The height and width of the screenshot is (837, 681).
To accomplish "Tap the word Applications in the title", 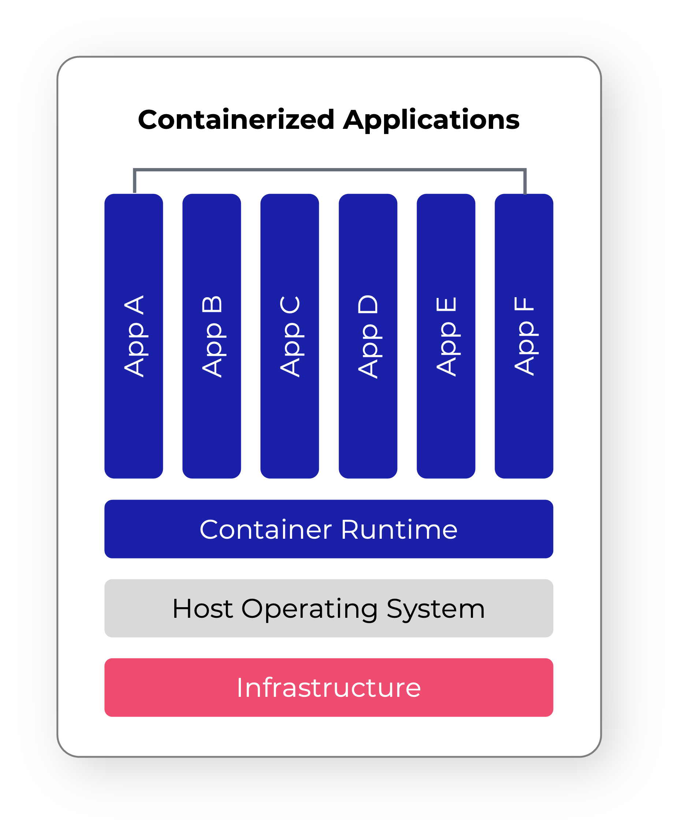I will coord(431,120).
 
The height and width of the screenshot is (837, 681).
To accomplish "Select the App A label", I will coord(134,336).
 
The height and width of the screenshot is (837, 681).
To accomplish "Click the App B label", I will coord(212,336).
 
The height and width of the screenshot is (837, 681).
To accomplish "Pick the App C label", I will coord(290,336).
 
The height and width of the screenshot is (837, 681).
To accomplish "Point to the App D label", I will coord(368,336).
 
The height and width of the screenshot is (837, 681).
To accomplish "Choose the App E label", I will coord(446,336).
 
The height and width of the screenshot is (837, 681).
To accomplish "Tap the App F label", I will coord(524,336).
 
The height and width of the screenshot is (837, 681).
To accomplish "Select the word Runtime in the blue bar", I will coord(399,529).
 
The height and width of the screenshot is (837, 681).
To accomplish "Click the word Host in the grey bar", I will coord(202,609).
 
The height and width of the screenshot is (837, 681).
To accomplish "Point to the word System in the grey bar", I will coord(435,609).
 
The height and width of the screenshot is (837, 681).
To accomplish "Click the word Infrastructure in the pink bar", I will coord(329,688).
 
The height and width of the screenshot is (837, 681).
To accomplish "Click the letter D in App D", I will coord(368,304).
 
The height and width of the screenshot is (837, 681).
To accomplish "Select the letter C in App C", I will coord(290,304).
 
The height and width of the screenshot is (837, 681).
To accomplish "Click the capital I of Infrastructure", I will coord(239,688).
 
